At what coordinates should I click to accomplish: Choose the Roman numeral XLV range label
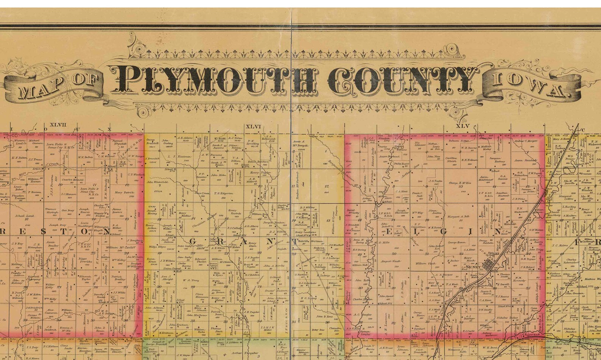tap(462, 126)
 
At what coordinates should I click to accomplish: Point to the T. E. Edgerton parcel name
tap(224, 193)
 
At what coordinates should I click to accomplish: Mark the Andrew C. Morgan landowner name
tap(526, 141)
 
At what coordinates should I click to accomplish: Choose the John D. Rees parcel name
tap(324, 316)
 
